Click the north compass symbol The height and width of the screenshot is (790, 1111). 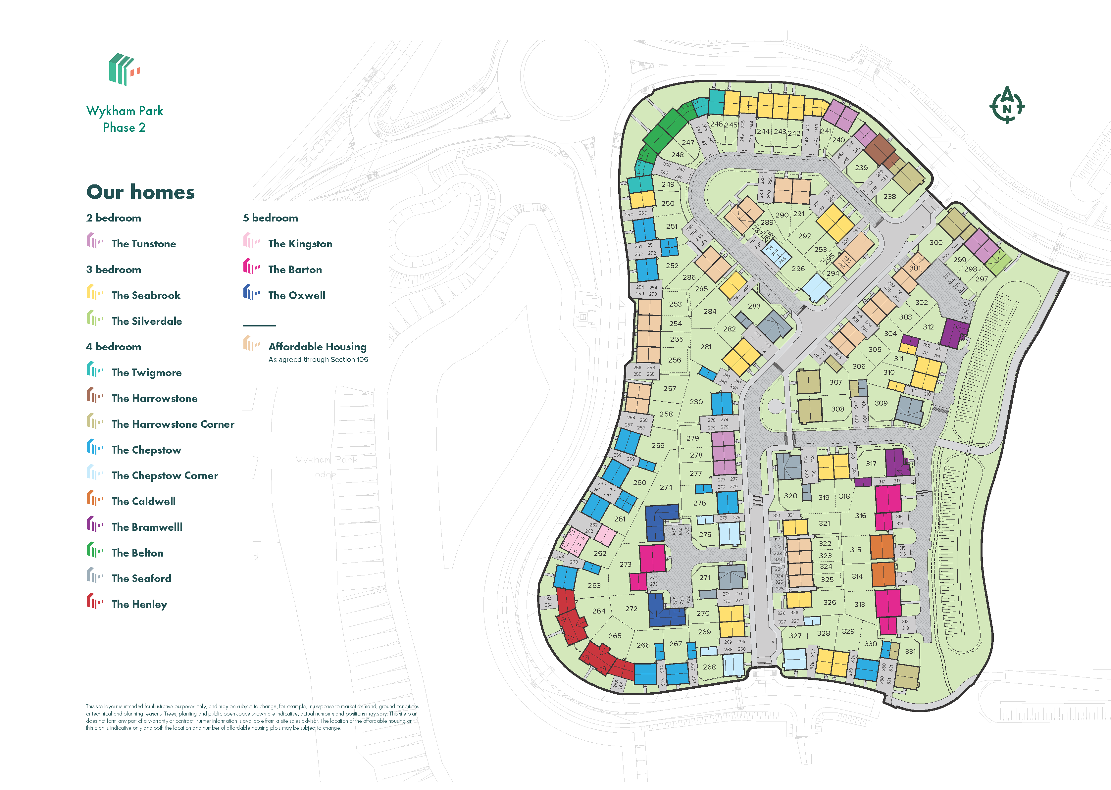pyautogui.click(x=1006, y=106)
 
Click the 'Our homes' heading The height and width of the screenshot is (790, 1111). pyautogui.click(x=141, y=192)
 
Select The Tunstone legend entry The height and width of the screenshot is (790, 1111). pyautogui.click(x=143, y=244)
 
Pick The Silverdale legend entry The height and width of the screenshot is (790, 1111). pyautogui.click(x=146, y=321)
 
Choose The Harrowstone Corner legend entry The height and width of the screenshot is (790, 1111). pyautogui.click(x=173, y=424)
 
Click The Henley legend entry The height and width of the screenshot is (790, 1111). pyautogui.click(x=139, y=604)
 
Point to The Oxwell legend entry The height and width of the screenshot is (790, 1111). pyautogui.click(x=296, y=295)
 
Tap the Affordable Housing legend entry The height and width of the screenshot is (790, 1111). pyautogui.click(x=317, y=347)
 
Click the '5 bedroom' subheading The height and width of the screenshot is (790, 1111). pyautogui.click(x=271, y=218)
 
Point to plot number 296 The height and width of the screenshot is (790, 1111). pyautogui.click(x=798, y=269)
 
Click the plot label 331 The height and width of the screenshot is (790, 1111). pyautogui.click(x=910, y=651)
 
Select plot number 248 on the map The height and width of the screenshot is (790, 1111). pyautogui.click(x=677, y=155)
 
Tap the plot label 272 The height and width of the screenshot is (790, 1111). pyautogui.click(x=631, y=609)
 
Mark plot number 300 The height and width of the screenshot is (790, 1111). pyautogui.click(x=935, y=242)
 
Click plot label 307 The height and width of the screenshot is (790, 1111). pyautogui.click(x=835, y=382)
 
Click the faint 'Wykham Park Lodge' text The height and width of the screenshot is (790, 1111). pyautogui.click(x=326, y=467)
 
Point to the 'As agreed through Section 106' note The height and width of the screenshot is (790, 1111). pyautogui.click(x=318, y=360)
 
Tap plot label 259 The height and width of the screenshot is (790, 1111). pyautogui.click(x=658, y=445)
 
